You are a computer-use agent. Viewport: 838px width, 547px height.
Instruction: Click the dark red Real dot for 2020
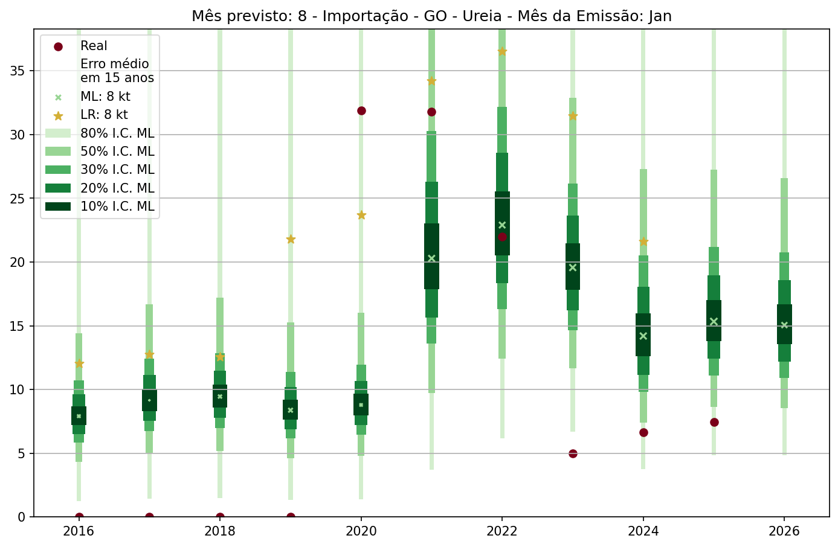361,110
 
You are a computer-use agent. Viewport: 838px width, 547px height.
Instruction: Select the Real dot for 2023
573,453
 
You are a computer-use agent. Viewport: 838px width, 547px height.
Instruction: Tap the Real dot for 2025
714,422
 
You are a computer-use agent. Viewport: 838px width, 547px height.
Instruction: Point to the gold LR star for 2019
291,239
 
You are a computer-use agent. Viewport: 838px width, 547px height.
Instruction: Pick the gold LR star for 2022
502,51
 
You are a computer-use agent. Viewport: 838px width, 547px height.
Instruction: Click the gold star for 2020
361,215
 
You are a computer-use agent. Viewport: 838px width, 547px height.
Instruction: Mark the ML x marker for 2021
431,258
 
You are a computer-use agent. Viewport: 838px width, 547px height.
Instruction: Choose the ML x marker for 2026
784,325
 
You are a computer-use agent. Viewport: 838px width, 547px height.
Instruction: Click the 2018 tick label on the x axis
220,531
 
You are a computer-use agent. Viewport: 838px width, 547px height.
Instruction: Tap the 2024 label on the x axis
643,531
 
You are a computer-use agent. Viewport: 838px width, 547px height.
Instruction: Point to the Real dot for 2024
643,432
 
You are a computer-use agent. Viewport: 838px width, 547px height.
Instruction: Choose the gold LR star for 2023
573,116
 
